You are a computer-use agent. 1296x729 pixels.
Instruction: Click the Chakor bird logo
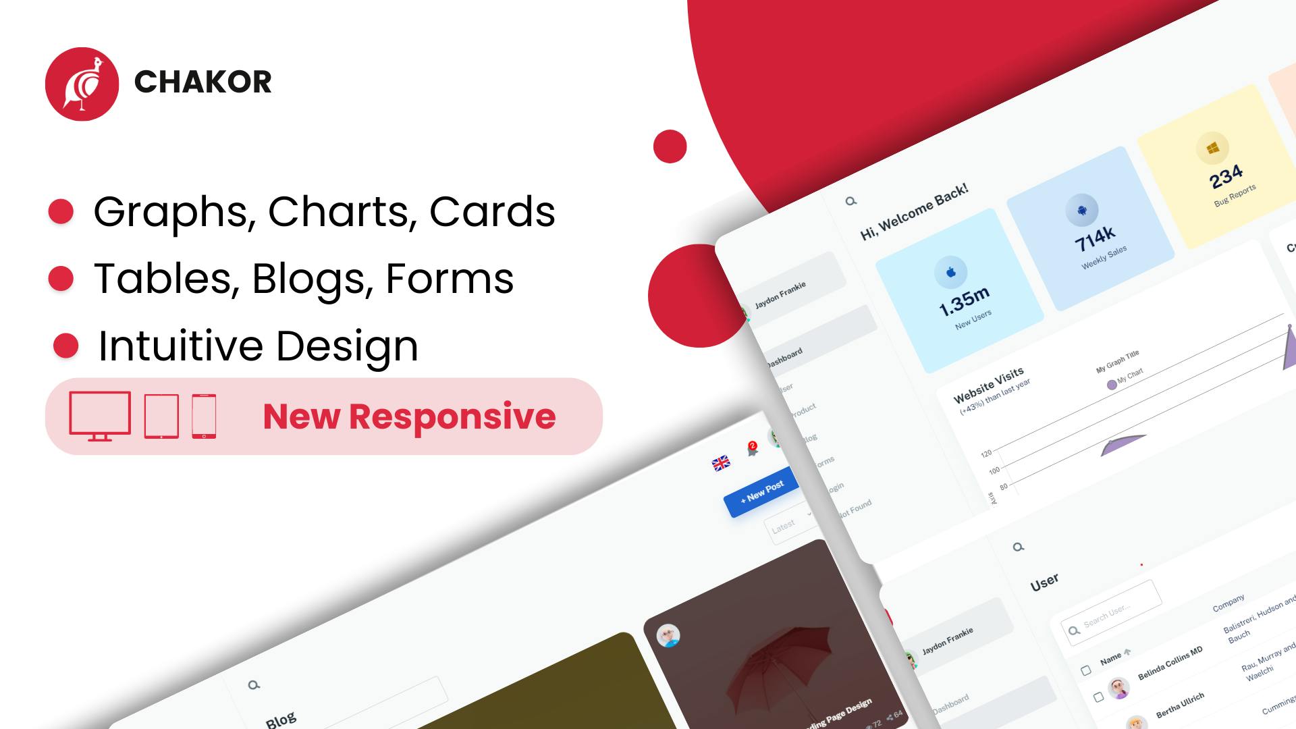[82, 84]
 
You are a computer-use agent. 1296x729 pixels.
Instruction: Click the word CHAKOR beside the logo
[202, 82]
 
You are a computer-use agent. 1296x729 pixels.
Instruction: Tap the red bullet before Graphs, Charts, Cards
[61, 211]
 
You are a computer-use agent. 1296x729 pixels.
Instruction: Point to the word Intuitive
[180, 346]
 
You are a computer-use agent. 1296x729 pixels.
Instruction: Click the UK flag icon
[721, 462]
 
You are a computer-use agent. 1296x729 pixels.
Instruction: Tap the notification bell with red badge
[752, 450]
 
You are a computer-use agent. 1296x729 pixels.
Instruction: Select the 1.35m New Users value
[964, 301]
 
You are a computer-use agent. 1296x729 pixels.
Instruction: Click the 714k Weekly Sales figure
[1095, 238]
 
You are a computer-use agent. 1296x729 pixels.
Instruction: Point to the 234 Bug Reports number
[1226, 177]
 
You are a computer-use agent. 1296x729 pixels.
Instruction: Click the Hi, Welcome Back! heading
[914, 211]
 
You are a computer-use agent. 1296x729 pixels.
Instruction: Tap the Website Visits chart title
[988, 385]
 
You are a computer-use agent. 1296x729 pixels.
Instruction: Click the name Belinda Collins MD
[1170, 664]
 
